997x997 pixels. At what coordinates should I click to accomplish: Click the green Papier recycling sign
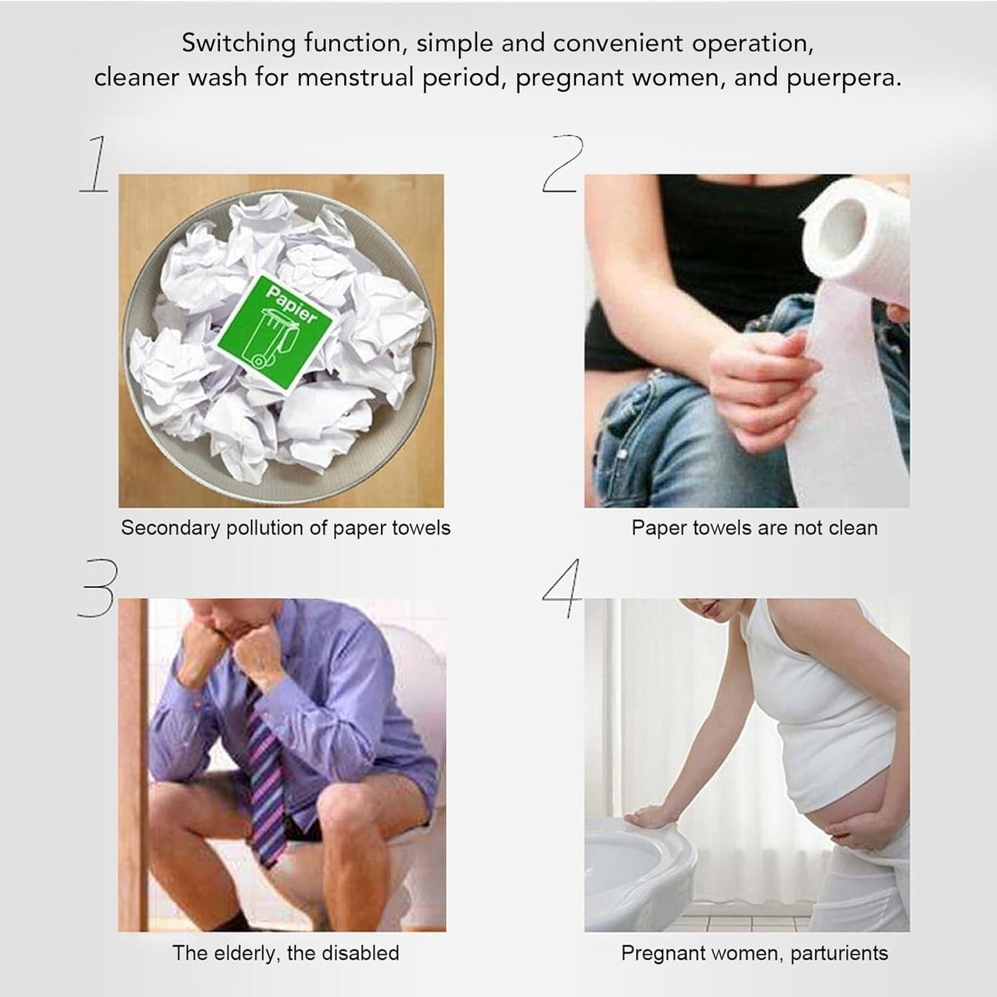pos(274,332)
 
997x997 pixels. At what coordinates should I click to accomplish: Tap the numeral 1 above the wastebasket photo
pos(94,164)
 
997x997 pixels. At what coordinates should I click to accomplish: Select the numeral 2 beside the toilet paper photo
pos(563,163)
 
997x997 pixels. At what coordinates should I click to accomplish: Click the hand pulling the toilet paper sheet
pos(760,387)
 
